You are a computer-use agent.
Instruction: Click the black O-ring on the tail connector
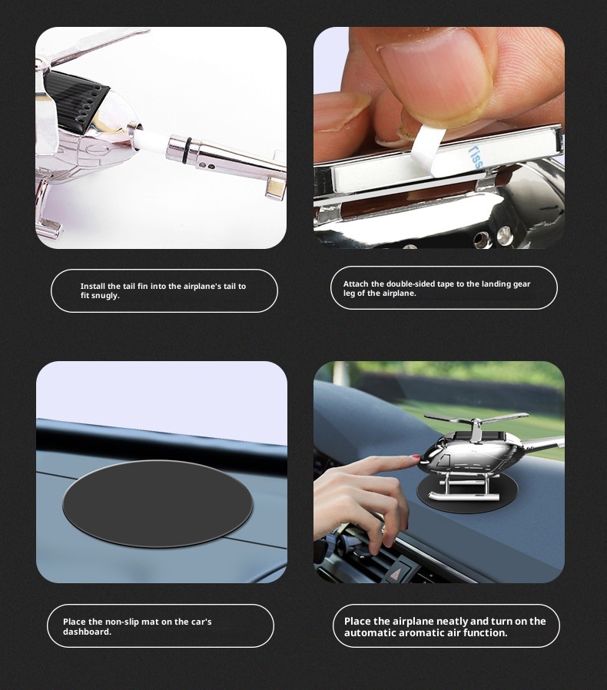click(177, 145)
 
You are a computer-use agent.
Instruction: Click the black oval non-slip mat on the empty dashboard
click(158, 503)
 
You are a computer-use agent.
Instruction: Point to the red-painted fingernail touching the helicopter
click(415, 457)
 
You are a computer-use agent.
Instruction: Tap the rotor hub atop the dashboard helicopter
click(477, 423)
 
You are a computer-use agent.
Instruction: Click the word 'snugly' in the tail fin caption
click(105, 296)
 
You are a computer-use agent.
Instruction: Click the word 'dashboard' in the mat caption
click(87, 632)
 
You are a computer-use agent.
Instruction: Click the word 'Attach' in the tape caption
click(356, 284)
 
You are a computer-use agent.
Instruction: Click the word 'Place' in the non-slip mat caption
click(75, 622)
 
